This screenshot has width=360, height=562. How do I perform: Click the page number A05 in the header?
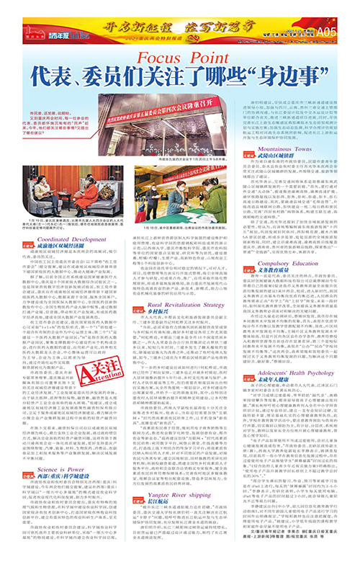(346, 12)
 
